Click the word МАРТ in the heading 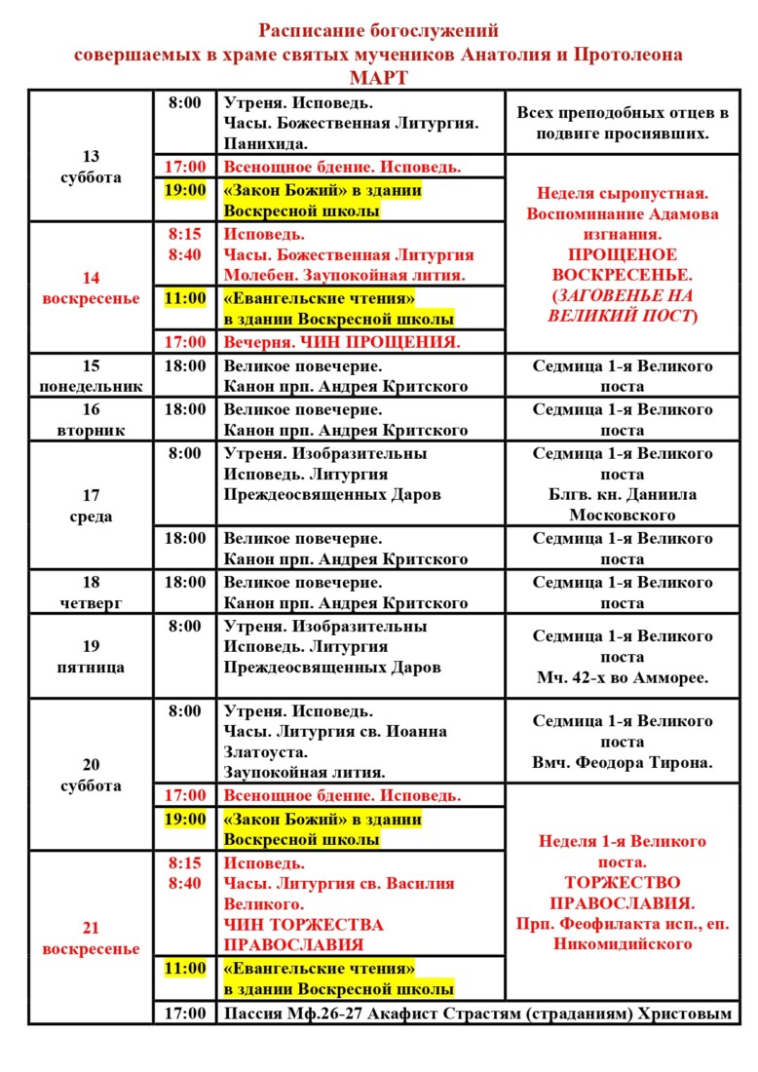(x=379, y=77)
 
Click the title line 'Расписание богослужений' (x=379, y=32)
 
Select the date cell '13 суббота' (x=91, y=167)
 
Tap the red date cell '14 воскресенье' (x=91, y=287)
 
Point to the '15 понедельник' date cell (x=91, y=376)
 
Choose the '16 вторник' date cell (x=91, y=419)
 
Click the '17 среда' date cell (x=91, y=506)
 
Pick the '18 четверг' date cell (x=91, y=593)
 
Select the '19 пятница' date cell (x=91, y=657)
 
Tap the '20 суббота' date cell (x=91, y=775)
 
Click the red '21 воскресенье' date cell (x=91, y=938)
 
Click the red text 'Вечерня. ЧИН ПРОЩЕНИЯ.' (x=342, y=342)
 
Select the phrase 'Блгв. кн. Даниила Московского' (x=622, y=504)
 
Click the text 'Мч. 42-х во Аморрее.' (x=622, y=678)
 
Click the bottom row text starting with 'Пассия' (x=476, y=1014)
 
